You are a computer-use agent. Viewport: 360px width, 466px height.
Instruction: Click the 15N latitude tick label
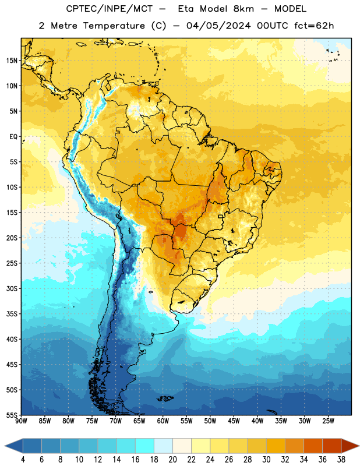[12, 61]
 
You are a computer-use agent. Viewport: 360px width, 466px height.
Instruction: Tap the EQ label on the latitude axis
[13, 137]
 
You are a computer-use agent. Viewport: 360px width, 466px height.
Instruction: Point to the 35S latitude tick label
[12, 314]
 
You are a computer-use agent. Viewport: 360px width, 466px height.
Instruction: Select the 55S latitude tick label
[12, 415]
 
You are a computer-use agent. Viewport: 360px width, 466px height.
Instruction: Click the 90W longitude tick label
[21, 421]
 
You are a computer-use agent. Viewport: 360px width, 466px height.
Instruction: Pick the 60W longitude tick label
[163, 421]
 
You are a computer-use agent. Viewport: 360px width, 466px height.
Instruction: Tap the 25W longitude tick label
[328, 421]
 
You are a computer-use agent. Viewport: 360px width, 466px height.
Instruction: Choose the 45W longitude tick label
[234, 421]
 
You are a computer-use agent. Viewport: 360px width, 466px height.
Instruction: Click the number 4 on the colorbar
[23, 460]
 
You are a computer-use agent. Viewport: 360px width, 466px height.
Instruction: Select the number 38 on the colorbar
[341, 460]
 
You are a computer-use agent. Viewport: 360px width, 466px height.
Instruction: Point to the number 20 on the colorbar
[172, 460]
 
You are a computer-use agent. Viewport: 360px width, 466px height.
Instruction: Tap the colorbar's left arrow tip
[5, 446]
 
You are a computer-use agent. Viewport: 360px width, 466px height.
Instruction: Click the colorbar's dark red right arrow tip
[359, 446]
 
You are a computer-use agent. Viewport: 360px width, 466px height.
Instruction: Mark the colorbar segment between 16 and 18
[144, 446]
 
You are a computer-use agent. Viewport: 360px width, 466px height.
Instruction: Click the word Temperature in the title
[114, 26]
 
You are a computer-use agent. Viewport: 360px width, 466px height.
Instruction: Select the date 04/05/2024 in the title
[218, 26]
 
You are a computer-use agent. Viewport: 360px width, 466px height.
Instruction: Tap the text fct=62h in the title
[314, 26]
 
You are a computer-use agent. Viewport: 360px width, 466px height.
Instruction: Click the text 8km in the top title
[243, 9]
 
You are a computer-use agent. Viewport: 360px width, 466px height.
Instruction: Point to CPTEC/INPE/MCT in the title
[109, 9]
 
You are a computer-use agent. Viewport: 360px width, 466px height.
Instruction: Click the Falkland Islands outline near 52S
[165, 398]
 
